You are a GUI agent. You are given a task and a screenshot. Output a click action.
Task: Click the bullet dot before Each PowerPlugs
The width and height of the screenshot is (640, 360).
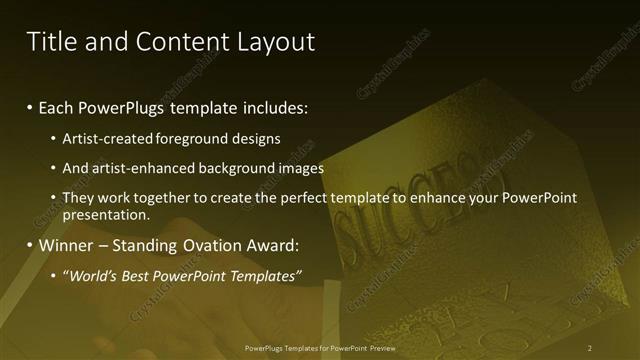(30, 107)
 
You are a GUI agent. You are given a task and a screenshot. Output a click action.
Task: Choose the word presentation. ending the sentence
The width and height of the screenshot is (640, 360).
(106, 214)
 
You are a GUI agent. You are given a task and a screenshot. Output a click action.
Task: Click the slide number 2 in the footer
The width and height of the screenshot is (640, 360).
(591, 347)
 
